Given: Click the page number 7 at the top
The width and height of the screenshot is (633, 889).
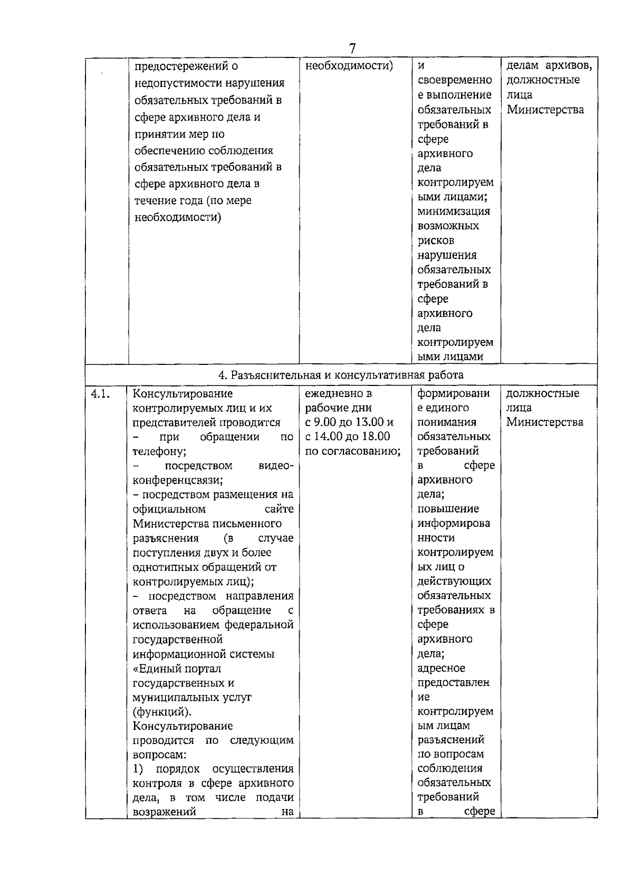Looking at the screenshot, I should point(352,48).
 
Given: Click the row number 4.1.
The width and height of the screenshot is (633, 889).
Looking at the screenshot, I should point(101,393).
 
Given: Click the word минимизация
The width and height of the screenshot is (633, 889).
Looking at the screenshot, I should point(454,211).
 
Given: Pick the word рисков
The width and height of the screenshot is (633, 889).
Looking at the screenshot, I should point(435,240).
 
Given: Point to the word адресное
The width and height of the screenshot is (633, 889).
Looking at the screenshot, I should point(441,668).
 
